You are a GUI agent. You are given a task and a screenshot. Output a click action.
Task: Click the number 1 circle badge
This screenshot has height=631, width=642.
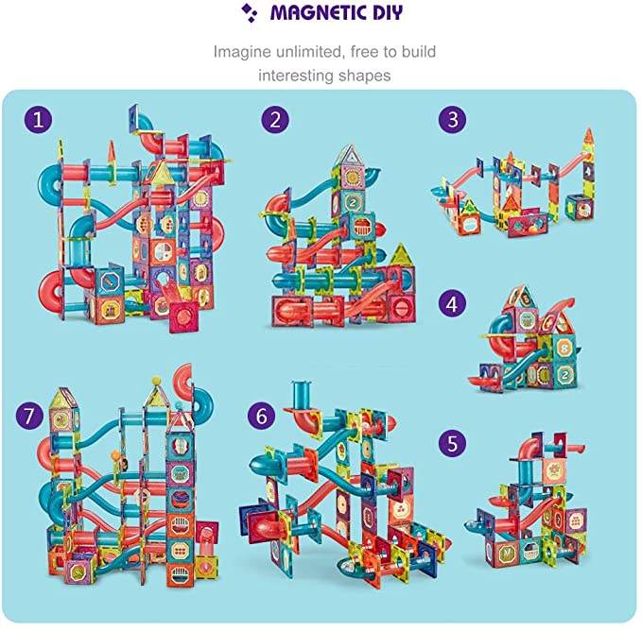(x=38, y=120)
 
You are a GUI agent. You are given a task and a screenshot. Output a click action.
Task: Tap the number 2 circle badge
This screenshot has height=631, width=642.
(x=275, y=120)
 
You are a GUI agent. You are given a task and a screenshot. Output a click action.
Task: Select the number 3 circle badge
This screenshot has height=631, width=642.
(x=453, y=119)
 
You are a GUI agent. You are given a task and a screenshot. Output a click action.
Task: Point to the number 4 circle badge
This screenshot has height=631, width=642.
(x=452, y=304)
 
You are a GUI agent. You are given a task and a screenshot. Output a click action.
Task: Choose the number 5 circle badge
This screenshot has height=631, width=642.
(x=452, y=443)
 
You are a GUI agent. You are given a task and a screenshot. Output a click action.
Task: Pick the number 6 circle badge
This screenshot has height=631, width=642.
(x=262, y=416)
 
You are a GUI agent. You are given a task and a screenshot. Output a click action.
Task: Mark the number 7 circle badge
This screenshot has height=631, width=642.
(x=30, y=416)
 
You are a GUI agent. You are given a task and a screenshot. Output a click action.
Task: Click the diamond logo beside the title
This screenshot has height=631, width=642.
(x=249, y=12)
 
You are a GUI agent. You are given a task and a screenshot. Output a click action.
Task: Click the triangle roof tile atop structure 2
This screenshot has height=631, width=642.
(x=349, y=156)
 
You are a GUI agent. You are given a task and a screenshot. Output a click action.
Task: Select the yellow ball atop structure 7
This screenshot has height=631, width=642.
(x=156, y=382)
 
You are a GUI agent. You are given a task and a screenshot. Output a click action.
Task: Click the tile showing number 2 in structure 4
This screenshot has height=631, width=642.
(x=564, y=374)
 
